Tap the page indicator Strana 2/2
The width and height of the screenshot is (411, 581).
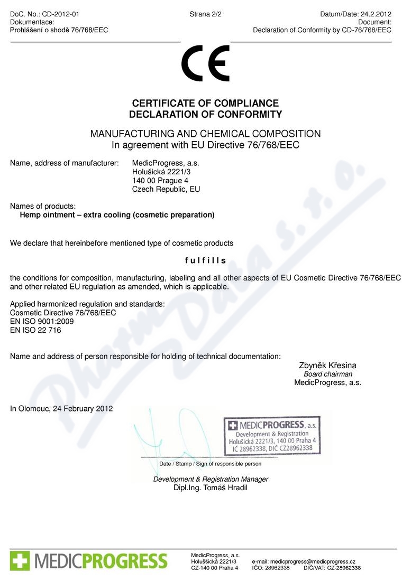pos(205,14)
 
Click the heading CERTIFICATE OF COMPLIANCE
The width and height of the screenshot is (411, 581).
pos(205,104)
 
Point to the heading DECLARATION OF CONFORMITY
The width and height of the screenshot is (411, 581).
pos(205,115)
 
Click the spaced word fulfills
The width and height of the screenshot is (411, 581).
pos(205,260)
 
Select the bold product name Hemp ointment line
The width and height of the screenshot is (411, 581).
pos(117,215)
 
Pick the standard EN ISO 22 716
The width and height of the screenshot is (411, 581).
pos(35,330)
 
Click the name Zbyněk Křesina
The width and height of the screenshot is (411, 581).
pos(328,365)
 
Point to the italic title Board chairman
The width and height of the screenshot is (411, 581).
pos(328,374)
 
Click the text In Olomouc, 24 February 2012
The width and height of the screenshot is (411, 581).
pos(61,408)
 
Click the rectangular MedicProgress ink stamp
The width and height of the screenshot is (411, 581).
pos(273,436)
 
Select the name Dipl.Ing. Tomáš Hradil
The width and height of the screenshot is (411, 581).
pos(211,488)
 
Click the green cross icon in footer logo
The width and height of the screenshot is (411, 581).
pos(20,560)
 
